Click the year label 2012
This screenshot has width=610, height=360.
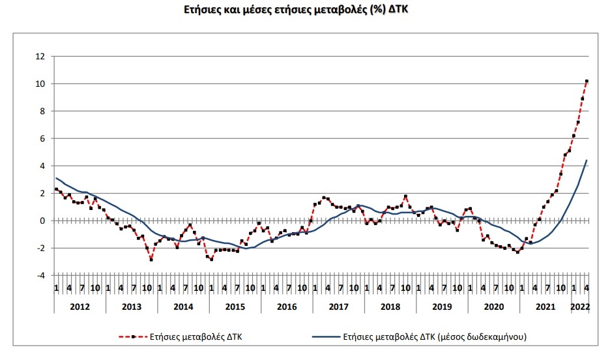(78, 306)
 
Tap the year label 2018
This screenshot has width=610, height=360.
(390, 306)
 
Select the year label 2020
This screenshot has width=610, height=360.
(494, 306)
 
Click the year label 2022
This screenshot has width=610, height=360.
(580, 306)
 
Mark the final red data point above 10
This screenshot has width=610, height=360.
(587, 82)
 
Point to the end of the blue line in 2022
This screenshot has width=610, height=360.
(587, 160)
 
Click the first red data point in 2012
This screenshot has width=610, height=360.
(56, 189)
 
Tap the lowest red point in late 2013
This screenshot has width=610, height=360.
(151, 260)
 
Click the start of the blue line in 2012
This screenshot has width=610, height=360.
(56, 178)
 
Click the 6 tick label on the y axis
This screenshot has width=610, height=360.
(42, 139)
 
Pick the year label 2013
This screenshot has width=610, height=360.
(130, 306)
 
